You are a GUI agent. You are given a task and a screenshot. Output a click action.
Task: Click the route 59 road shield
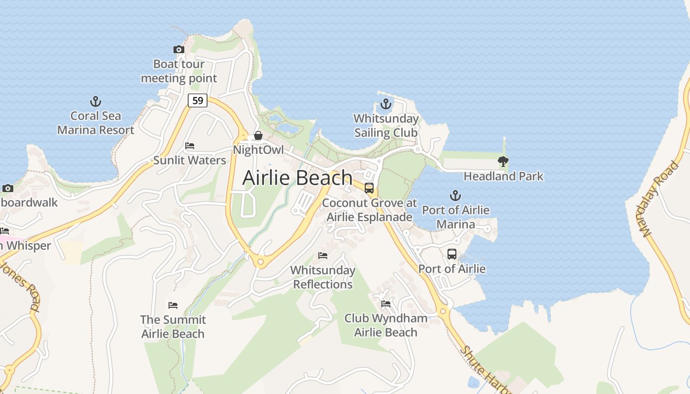click(x=197, y=100)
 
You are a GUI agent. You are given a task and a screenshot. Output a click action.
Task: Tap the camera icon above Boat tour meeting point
click(x=179, y=49)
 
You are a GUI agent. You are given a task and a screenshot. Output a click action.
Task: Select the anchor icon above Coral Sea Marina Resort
click(x=96, y=102)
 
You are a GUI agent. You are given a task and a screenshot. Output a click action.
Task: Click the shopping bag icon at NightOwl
click(x=258, y=135)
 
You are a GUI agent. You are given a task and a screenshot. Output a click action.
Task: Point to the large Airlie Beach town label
click(x=297, y=177)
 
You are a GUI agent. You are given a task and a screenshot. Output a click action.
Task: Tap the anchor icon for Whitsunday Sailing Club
click(x=386, y=104)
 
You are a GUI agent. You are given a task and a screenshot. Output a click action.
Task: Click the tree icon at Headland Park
click(x=503, y=162)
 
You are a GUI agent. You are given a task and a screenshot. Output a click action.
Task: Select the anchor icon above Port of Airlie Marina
click(x=455, y=196)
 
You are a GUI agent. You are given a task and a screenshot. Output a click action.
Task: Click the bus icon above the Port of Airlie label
click(x=451, y=254)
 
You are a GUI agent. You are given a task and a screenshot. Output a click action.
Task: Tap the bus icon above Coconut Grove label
click(x=369, y=188)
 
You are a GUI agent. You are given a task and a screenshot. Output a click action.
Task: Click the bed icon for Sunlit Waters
click(x=189, y=146)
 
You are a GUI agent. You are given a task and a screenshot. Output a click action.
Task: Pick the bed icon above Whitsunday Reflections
click(x=323, y=256)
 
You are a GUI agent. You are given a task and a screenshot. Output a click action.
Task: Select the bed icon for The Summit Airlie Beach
click(x=172, y=305)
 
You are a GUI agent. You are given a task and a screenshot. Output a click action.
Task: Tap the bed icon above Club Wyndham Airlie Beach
click(x=385, y=304)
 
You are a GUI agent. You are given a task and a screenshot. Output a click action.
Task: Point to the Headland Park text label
click(x=503, y=176)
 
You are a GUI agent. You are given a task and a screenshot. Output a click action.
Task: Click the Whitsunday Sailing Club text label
click(x=386, y=126)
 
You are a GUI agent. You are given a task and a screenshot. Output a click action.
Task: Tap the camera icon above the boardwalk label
click(x=7, y=188)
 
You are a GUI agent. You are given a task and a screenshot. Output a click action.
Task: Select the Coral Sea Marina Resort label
click(x=96, y=123)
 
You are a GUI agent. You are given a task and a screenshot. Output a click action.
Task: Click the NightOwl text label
click(x=258, y=150)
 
